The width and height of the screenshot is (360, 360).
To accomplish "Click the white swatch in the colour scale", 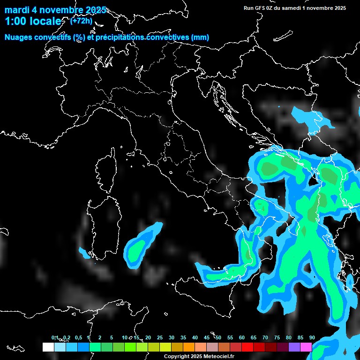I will pos(48,347).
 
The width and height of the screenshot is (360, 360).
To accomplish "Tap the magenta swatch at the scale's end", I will pos(306,347).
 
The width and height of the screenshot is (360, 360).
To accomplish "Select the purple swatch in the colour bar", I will pos(294,347).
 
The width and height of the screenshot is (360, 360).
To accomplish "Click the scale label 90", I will pos(312,337).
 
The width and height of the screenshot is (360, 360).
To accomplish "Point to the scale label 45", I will pos(207,337).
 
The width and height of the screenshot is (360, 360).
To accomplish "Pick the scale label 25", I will pos(160,337).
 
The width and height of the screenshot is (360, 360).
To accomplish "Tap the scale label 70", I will pos(265,337).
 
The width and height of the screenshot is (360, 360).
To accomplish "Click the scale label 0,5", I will pos(78,337).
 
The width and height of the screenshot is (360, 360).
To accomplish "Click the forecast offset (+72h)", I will pos(81,21).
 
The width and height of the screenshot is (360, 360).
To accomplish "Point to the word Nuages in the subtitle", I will pos(18,37).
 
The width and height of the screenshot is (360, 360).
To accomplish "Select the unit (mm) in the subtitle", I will pos(200,37).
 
